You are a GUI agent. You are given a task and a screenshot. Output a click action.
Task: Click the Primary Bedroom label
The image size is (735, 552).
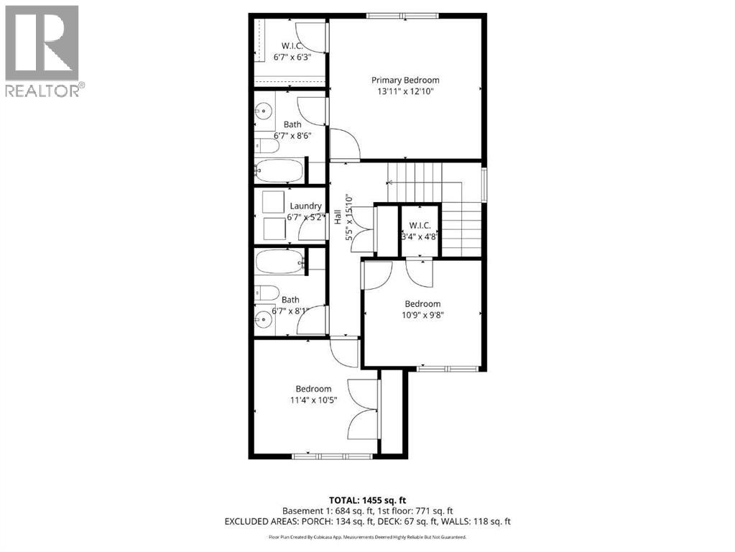405,80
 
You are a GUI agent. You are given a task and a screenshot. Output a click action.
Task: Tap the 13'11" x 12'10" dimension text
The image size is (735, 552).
405,91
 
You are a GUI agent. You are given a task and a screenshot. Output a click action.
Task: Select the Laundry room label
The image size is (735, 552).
305,206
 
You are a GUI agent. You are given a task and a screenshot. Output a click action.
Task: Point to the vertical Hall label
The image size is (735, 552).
337,218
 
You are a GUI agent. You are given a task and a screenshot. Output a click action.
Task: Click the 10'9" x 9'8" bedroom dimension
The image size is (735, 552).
422,315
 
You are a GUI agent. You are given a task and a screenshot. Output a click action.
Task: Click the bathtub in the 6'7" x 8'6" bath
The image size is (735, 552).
279,171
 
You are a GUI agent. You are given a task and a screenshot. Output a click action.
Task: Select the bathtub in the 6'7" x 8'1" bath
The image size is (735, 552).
279,261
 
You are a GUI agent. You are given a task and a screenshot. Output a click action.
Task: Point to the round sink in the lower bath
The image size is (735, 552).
264,315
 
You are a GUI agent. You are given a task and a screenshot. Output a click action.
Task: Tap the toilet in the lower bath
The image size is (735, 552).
267,293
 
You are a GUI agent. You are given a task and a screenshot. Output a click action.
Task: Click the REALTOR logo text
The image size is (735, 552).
44,90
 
